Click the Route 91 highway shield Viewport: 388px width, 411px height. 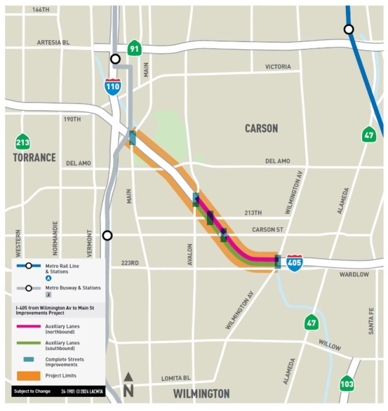click(x=134, y=48)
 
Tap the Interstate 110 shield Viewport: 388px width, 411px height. click(x=113, y=86)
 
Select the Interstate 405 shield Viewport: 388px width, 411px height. click(x=294, y=262)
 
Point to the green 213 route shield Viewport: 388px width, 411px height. click(x=23, y=142)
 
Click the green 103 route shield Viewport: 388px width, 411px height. click(x=347, y=385)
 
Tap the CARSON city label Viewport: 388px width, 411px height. click(x=261, y=128)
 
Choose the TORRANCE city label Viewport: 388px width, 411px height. click(x=34, y=157)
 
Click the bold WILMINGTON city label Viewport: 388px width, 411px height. click(x=201, y=394)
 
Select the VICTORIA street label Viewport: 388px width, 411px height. click(x=278, y=67)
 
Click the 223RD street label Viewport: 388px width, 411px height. click(x=130, y=263)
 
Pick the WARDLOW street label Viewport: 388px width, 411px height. click(x=354, y=274)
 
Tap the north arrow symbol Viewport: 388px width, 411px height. click(x=129, y=384)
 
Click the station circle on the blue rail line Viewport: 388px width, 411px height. click(x=349, y=29)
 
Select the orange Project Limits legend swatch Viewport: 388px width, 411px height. click(x=28, y=375)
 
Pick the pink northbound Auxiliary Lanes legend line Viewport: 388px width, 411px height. click(x=28, y=327)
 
